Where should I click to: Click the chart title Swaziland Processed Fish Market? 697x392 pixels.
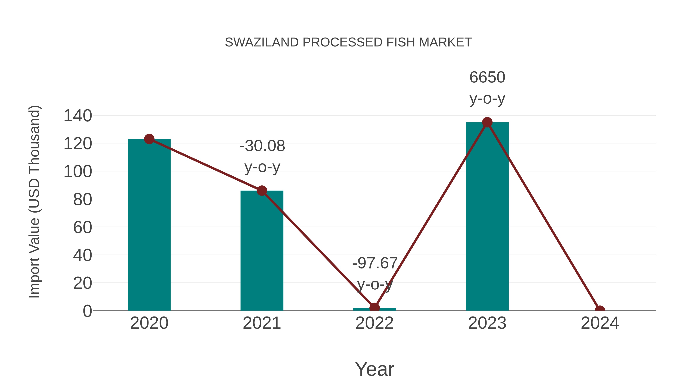click(x=348, y=42)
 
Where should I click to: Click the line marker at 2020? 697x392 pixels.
click(x=149, y=139)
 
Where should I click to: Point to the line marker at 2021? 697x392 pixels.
click(x=262, y=191)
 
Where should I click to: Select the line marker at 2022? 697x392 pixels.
click(x=374, y=308)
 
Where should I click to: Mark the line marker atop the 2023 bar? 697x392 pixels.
click(x=487, y=122)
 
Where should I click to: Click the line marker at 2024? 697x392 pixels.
click(x=600, y=310)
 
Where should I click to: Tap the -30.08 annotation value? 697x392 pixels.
click(x=262, y=146)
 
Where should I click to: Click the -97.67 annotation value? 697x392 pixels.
click(x=375, y=263)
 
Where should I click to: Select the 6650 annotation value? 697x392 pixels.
click(x=487, y=77)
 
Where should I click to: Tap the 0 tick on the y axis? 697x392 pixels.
click(x=87, y=311)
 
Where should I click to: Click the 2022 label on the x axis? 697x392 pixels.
click(x=374, y=323)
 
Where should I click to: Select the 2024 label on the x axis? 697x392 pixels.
click(x=600, y=323)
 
